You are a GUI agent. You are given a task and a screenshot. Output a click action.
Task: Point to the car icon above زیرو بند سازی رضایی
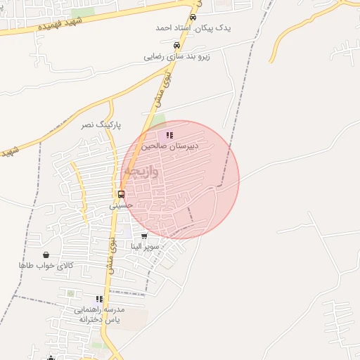click(166, 44)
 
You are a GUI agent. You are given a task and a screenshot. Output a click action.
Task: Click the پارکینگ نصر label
click(101, 124)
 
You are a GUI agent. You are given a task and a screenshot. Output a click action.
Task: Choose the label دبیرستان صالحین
click(169, 146)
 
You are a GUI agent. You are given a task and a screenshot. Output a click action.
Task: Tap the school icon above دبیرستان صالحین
click(169, 135)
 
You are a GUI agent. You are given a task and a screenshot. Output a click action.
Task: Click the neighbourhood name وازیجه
click(141, 172)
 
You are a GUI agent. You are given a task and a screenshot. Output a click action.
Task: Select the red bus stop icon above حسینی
click(121, 194)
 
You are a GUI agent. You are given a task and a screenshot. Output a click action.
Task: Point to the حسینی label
click(121, 205)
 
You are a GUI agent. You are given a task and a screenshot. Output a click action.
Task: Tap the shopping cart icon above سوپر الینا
click(144, 236)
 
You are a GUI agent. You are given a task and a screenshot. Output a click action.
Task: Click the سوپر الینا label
click(145, 247)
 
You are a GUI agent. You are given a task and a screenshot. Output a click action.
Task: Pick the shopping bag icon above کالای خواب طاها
click(46, 255)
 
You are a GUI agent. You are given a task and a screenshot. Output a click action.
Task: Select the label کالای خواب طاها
click(46, 266)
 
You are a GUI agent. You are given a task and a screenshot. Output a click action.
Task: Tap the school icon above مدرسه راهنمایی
click(98, 298)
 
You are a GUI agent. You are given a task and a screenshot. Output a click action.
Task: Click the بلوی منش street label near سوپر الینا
click(112, 255)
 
